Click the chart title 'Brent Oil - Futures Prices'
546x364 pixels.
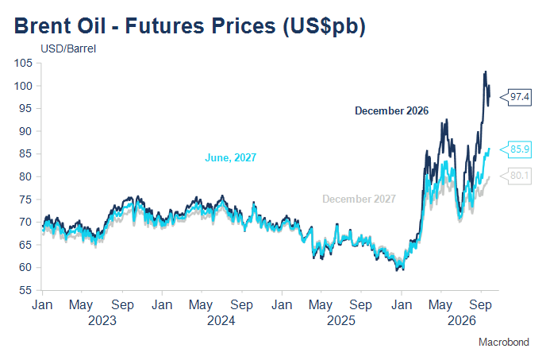[145, 25]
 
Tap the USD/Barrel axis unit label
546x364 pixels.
[68, 48]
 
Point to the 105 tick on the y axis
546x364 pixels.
[23, 63]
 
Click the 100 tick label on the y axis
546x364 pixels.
[23, 86]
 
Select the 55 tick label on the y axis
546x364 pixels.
[25, 290]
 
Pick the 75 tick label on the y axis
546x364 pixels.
[25, 199]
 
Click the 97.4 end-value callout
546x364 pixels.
[516, 97]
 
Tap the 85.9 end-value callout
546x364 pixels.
[516, 149]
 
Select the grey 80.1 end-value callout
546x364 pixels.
[516, 176]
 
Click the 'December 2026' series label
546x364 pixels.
[392, 111]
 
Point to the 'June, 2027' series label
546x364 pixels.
[230, 157]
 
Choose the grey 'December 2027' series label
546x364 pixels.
[359, 199]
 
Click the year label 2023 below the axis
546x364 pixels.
[102, 320]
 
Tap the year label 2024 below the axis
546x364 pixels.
[221, 320]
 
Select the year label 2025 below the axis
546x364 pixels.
[341, 320]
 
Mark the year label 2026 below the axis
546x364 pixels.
[461, 320]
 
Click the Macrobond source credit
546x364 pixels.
[504, 342]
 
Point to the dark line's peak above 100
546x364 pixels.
[486, 72]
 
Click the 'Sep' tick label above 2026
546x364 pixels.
[481, 305]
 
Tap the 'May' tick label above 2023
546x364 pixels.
[81, 305]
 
